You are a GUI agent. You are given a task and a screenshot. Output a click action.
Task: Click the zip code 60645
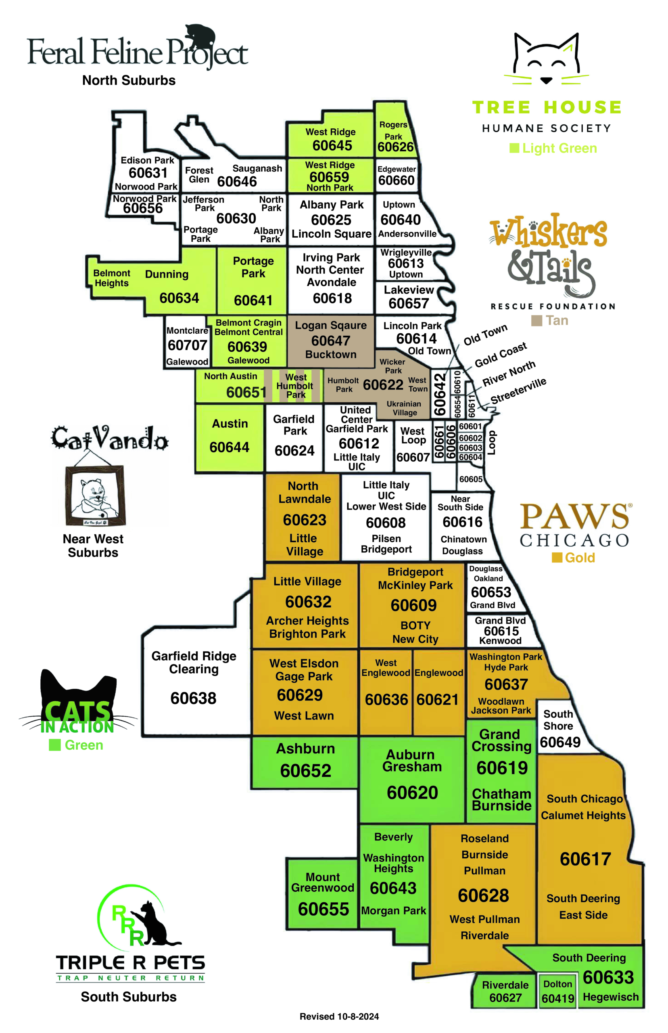pos(332,145)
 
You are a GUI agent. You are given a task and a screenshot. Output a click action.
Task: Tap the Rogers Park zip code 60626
pos(395,147)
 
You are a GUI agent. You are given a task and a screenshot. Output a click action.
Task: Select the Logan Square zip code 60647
pos(330,341)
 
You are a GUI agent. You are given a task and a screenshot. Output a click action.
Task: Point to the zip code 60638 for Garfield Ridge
pos(193,698)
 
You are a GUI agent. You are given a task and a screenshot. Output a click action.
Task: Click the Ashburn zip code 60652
pos(305,771)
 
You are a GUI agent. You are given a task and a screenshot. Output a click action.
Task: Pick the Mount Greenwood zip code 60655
pos(323,909)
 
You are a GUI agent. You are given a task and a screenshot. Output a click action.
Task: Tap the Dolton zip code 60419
pos(558,998)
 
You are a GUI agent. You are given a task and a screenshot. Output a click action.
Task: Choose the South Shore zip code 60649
pos(560,742)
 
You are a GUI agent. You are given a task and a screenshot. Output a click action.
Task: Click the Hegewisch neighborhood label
pos(610,997)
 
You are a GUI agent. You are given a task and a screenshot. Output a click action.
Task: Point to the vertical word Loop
pos(491,443)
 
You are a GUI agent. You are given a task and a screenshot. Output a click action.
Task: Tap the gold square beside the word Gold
pos(557,558)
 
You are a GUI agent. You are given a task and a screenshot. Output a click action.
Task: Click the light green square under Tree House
pos(514,148)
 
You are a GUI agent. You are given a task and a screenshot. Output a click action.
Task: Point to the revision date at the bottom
pos(339,1016)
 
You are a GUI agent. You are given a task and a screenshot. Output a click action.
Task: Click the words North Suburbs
pos(129,80)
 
